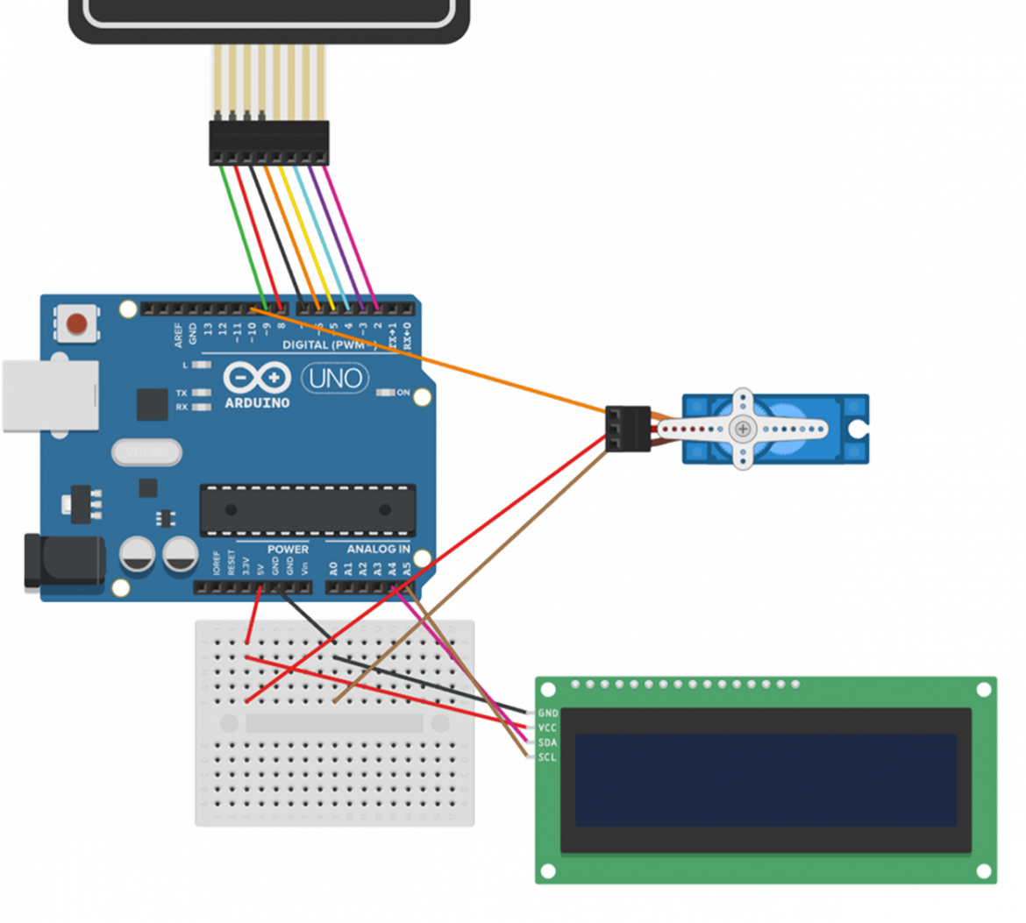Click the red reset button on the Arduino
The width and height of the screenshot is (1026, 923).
pyautogui.click(x=77, y=324)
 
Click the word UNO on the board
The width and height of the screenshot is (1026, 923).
pyautogui.click(x=337, y=379)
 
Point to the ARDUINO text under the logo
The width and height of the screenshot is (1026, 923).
pyautogui.click(x=257, y=402)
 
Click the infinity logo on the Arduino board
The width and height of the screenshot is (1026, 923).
pyautogui.click(x=257, y=378)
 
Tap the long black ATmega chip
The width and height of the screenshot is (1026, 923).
pyautogui.click(x=308, y=509)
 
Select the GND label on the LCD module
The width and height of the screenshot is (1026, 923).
pyautogui.click(x=548, y=714)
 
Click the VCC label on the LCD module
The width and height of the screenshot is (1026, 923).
pyautogui.click(x=548, y=728)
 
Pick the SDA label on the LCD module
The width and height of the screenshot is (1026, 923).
pyautogui.click(x=548, y=742)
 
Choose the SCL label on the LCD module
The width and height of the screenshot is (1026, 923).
pyautogui.click(x=548, y=756)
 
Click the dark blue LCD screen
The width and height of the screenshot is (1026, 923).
pyautogui.click(x=766, y=780)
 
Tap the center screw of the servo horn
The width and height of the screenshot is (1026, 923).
pyautogui.click(x=743, y=429)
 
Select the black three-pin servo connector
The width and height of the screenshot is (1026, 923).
pyautogui.click(x=629, y=429)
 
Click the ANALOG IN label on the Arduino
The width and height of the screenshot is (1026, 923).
pyautogui.click(x=378, y=550)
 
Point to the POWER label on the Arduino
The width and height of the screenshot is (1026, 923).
pyautogui.click(x=288, y=550)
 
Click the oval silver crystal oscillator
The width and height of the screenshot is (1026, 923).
pyautogui.click(x=146, y=452)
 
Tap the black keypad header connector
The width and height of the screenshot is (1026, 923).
pyautogui.click(x=268, y=142)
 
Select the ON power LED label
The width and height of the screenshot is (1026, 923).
pyautogui.click(x=403, y=393)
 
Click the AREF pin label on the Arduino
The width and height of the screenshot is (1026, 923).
pyautogui.click(x=180, y=335)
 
